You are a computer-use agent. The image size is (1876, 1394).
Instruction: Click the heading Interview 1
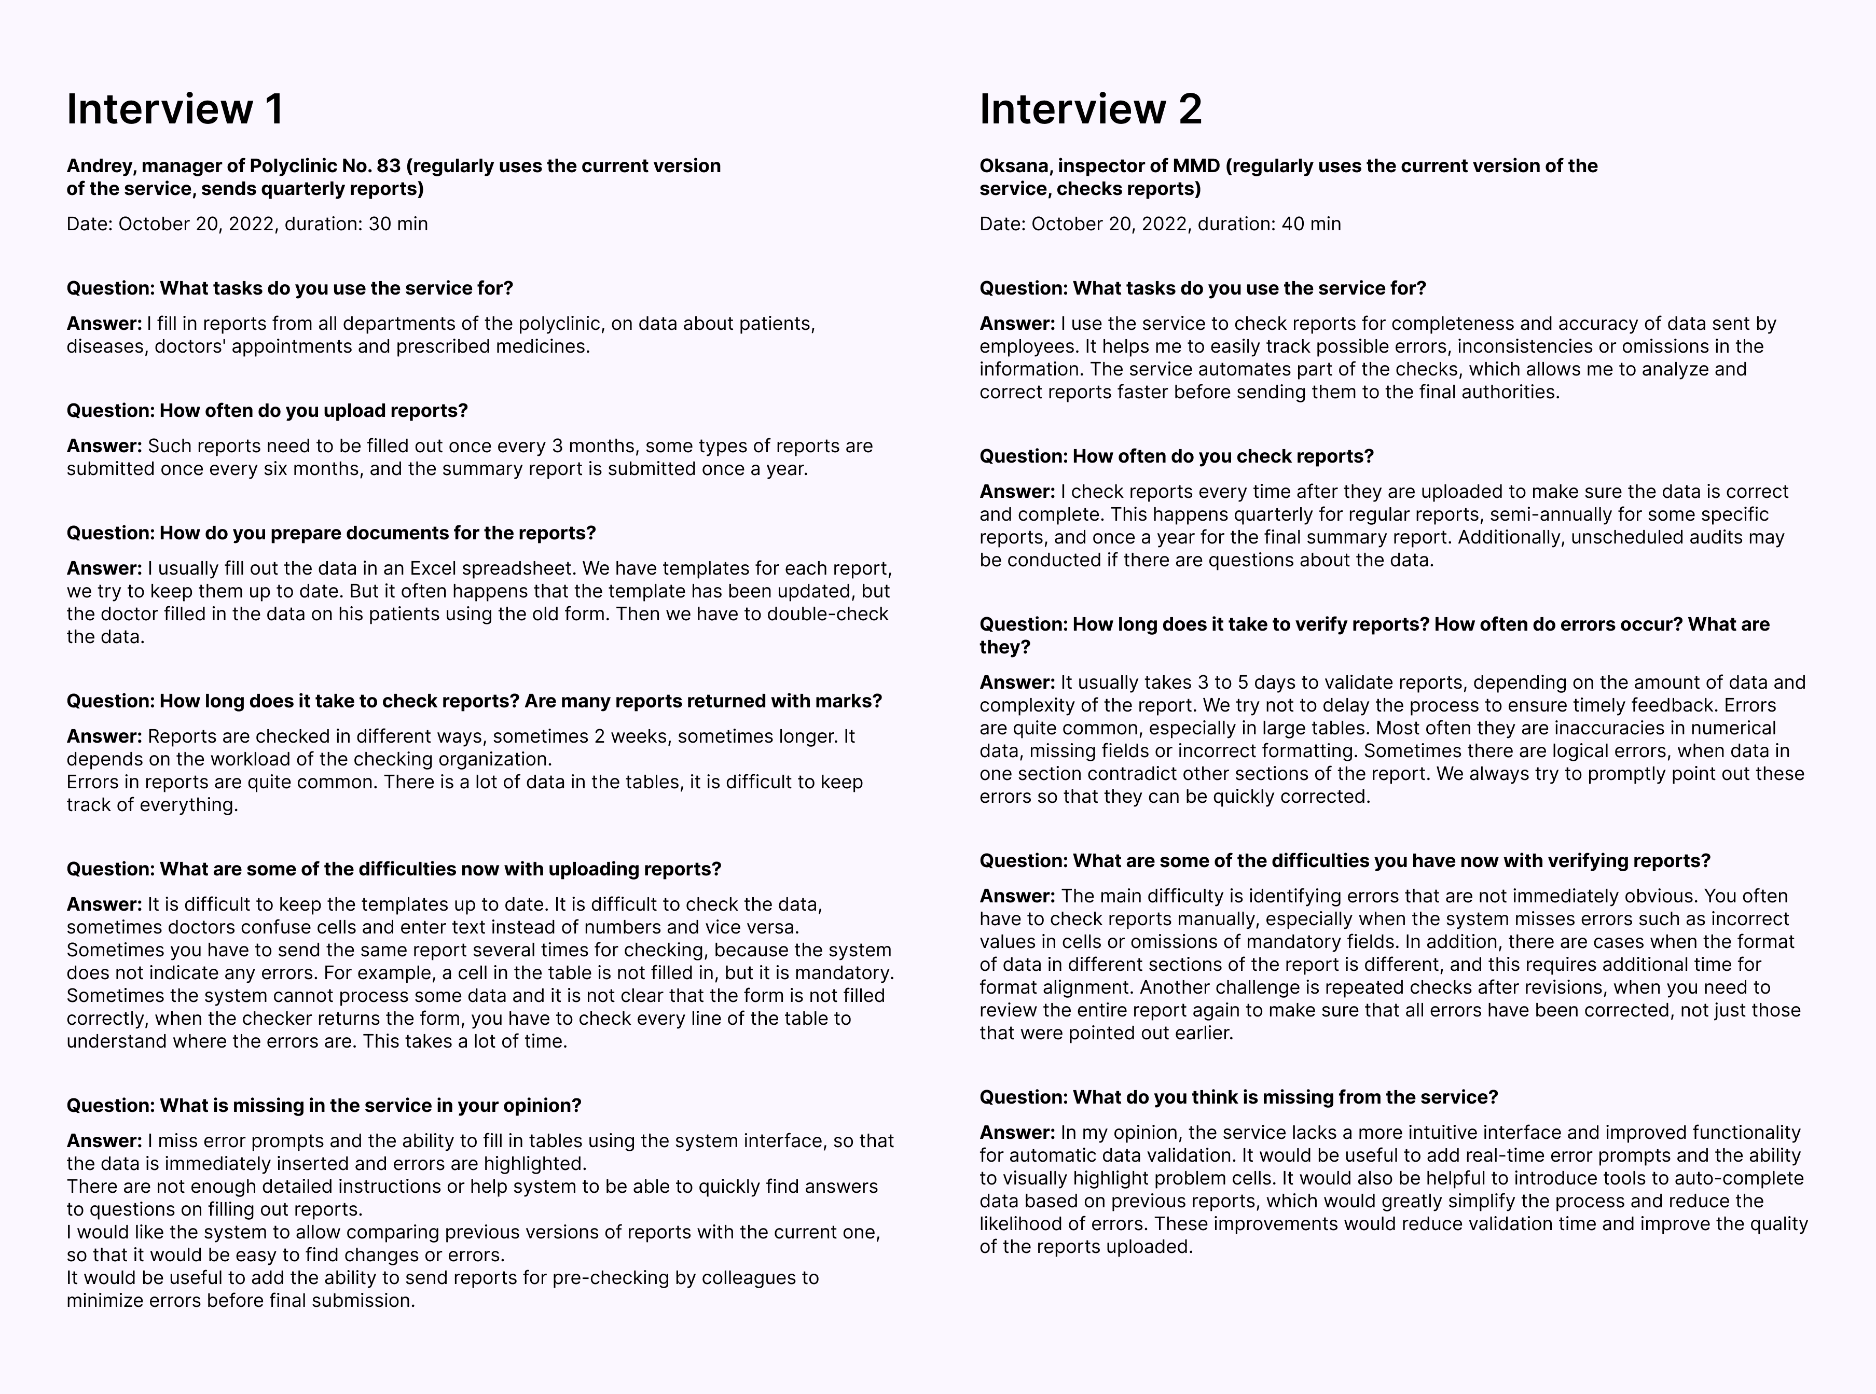tap(175, 109)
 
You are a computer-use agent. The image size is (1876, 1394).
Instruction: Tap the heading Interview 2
tap(1091, 109)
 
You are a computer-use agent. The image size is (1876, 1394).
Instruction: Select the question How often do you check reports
tap(1177, 456)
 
